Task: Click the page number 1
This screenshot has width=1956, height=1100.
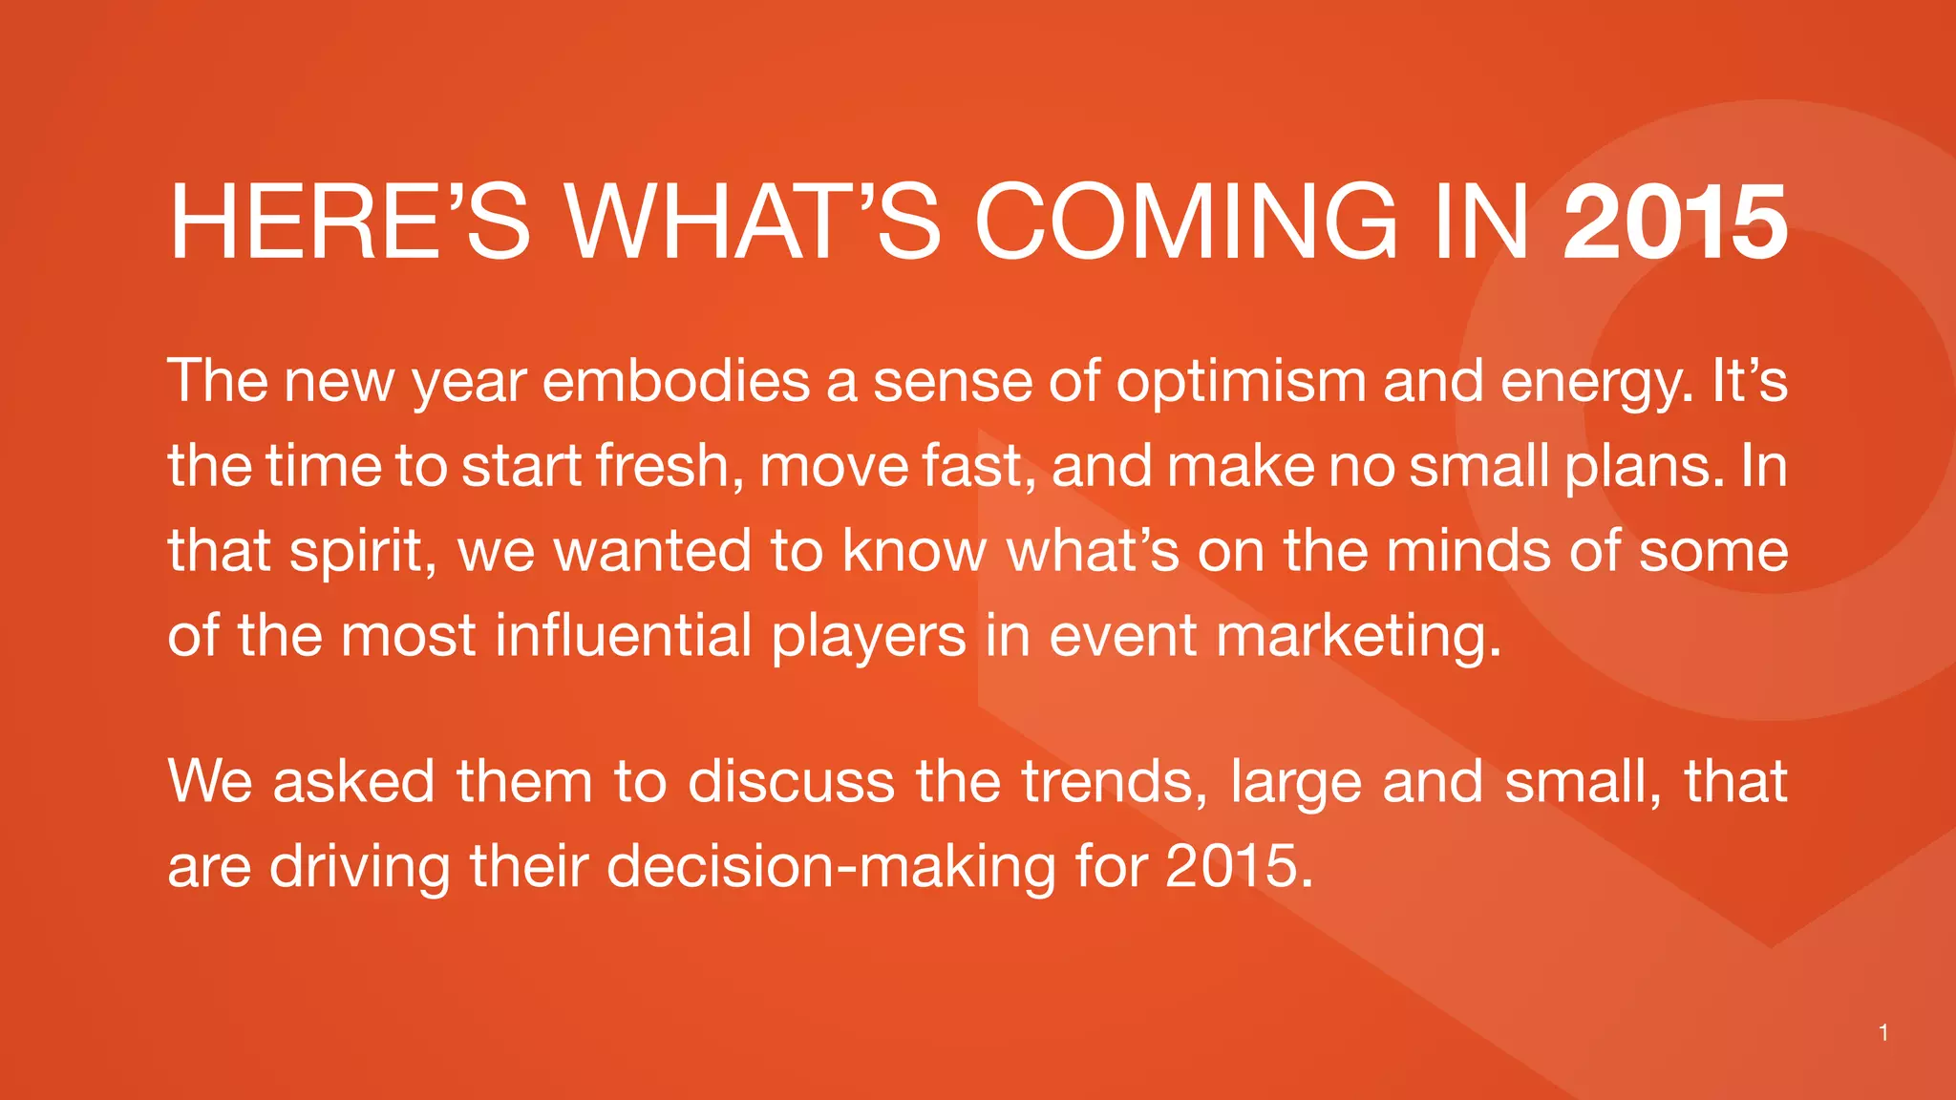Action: click(1882, 1032)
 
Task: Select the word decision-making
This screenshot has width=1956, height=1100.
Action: click(830, 867)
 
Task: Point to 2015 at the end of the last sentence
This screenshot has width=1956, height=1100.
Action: click(1238, 866)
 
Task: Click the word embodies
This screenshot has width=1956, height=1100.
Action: click(675, 382)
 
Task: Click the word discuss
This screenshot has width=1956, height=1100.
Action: click(791, 781)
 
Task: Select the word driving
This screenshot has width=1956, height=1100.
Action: click(359, 867)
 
